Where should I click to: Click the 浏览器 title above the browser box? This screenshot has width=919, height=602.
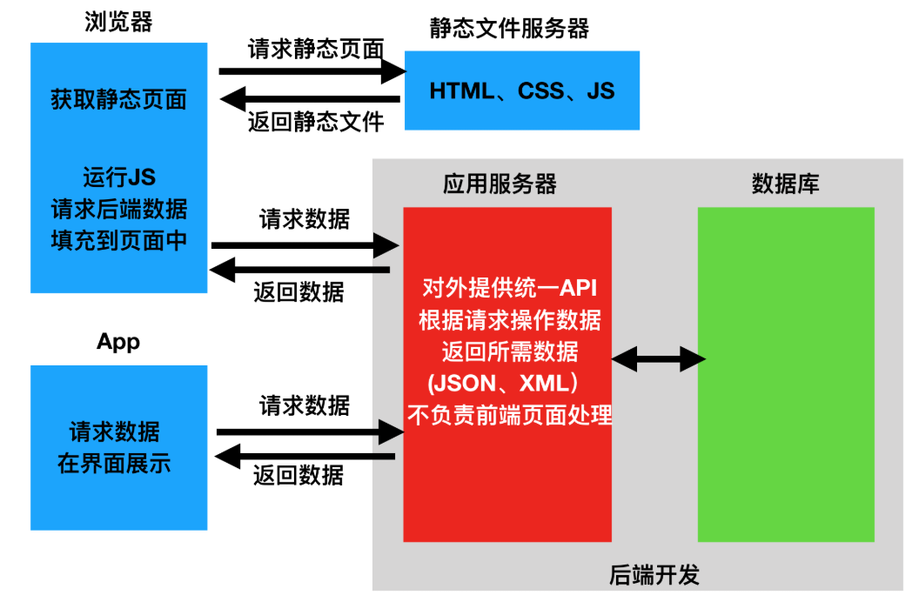[118, 22]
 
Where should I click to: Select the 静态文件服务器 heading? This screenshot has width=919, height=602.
[509, 29]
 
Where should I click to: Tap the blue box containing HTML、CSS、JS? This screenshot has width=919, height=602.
[522, 90]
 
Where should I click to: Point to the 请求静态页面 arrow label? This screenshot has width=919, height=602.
[315, 49]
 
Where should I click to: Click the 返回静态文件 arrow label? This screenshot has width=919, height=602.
[315, 121]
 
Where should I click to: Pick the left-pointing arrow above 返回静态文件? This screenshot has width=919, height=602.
[312, 99]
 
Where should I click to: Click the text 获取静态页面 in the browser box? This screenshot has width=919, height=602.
[118, 99]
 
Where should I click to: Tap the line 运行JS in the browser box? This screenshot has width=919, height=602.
[118, 177]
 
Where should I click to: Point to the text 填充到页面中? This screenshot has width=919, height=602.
[118, 239]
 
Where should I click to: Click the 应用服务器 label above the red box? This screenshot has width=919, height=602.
[500, 184]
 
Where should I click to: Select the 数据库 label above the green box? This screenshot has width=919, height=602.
[785, 184]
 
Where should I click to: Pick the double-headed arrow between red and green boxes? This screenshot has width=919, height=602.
[657, 358]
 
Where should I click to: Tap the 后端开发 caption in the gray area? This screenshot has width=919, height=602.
[654, 575]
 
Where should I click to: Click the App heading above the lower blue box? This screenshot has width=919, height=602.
[118, 342]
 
